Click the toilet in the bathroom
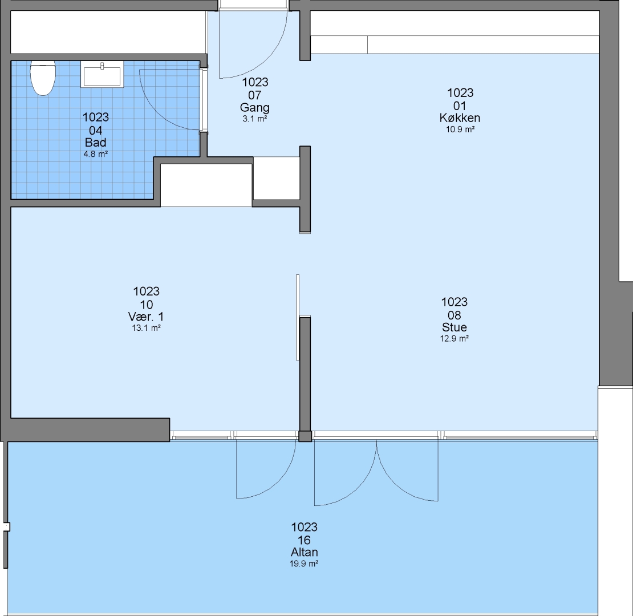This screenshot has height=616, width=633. tap(43, 78)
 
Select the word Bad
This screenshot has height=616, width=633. tap(96, 143)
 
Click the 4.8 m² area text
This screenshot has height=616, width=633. tap(96, 154)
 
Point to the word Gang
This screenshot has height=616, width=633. tap(255, 107)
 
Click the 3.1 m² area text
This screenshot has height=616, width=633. tap(255, 119)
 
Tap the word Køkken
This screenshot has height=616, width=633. tap(460, 118)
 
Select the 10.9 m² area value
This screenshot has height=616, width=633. tap(460, 129)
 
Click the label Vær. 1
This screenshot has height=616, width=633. tap(146, 317)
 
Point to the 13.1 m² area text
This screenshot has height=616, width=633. tap(146, 328)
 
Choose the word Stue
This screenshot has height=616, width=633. tap(454, 327)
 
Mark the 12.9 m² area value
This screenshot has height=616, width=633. tap(454, 339)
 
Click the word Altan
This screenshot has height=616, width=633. tap(305, 552)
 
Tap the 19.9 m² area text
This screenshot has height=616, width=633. tap(304, 564)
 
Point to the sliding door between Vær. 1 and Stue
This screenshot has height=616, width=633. tap(298, 317)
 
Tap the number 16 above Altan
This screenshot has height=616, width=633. tap(305, 540)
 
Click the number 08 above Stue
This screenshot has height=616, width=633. tap(454, 315)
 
